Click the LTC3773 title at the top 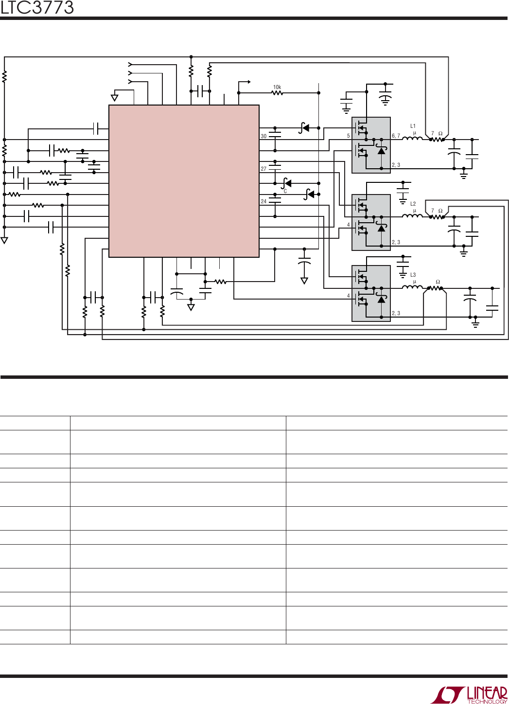[37, 8]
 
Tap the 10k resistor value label [277, 87]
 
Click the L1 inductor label [413, 126]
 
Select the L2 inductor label [413, 204]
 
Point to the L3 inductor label [413, 275]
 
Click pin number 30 [263, 136]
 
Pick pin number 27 [263, 169]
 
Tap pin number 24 [263, 201]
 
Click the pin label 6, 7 [396, 136]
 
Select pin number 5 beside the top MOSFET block [348, 136]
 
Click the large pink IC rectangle [184, 181]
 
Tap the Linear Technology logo [469, 695]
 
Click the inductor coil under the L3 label [412, 287]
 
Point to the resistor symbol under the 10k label [277, 93]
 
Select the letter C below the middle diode [285, 191]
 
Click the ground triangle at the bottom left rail [4, 241]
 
